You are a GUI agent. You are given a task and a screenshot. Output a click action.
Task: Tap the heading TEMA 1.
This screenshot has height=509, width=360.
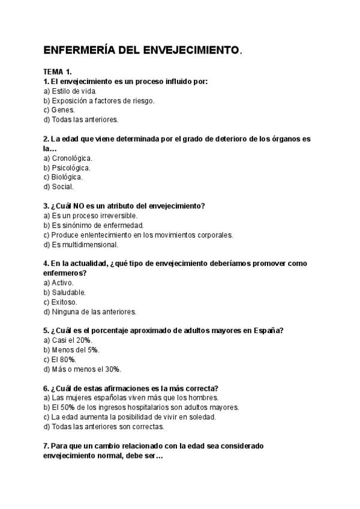[x=58, y=72]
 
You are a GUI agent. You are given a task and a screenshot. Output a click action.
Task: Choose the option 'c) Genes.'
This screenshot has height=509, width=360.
[x=59, y=110]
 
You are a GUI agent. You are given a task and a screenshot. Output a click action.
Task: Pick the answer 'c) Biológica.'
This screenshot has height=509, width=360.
[x=63, y=177]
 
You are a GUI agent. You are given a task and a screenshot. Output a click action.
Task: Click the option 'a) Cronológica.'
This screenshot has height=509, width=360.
[x=68, y=158]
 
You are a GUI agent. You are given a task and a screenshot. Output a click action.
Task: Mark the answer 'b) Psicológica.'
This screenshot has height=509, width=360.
[x=67, y=167]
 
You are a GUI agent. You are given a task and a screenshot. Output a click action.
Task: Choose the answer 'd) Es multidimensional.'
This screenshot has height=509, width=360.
[x=81, y=244]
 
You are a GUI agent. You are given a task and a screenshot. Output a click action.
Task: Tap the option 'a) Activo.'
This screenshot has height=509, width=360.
[x=59, y=283]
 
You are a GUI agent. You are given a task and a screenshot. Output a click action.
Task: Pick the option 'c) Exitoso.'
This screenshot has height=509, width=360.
[x=61, y=302]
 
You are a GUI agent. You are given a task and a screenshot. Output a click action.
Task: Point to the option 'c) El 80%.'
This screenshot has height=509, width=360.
[x=60, y=360]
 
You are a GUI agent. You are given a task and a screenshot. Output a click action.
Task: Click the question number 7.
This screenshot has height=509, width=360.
[x=47, y=446]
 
